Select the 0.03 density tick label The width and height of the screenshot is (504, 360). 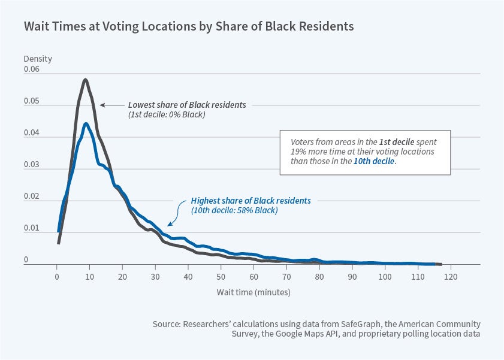click(x=32, y=165)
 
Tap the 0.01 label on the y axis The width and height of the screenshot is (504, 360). click(x=32, y=228)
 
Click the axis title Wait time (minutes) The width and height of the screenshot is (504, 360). click(x=253, y=292)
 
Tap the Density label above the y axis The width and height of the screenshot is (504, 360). click(x=38, y=59)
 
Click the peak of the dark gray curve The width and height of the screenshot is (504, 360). click(x=86, y=80)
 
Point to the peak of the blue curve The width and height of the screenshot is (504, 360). click(x=86, y=124)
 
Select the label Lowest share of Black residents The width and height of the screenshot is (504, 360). click(x=187, y=104)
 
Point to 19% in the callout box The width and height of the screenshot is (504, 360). click(x=299, y=152)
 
